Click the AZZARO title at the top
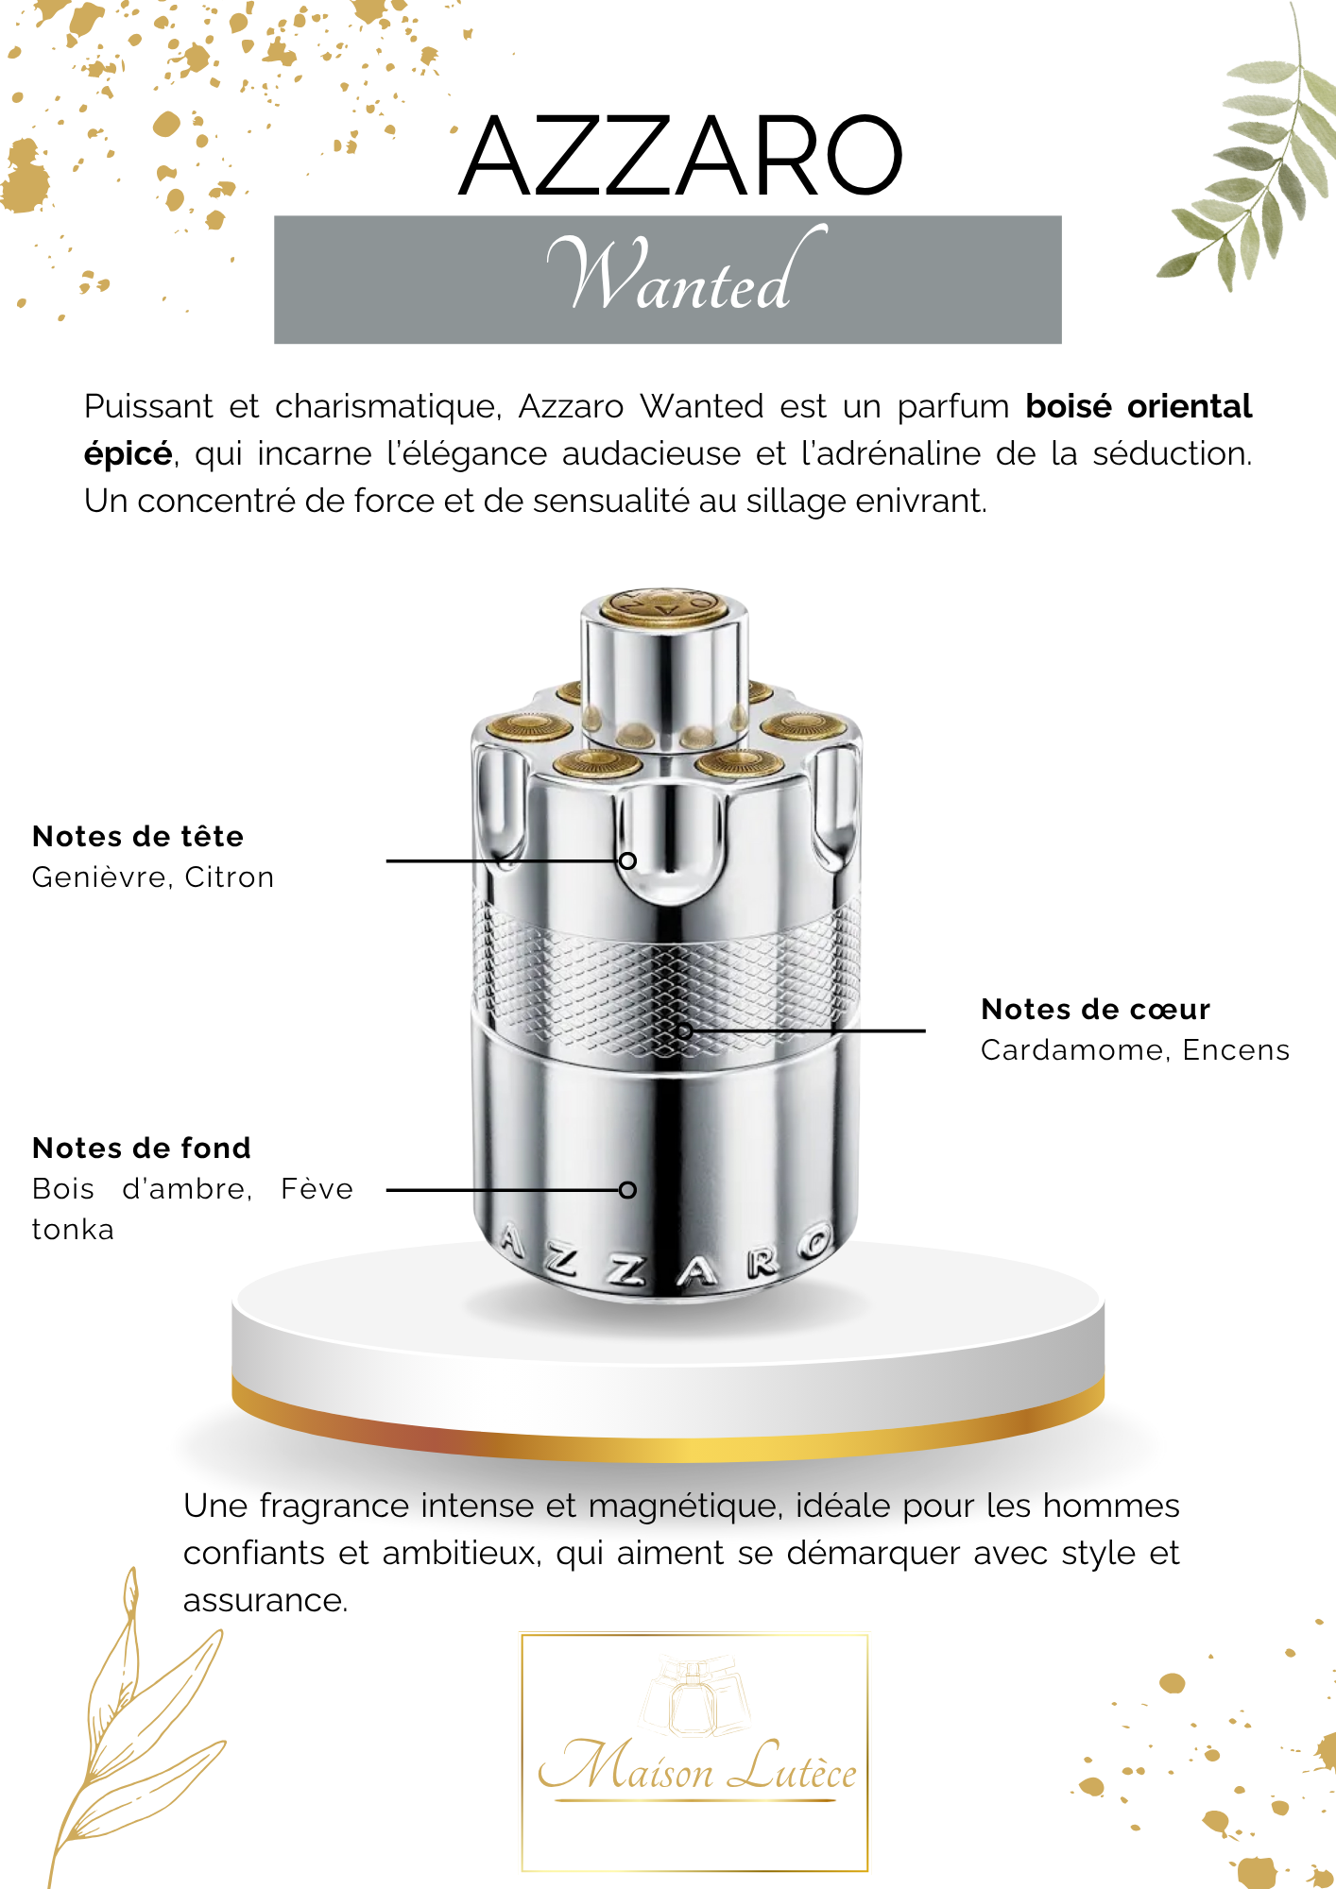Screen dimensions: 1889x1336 [680, 156]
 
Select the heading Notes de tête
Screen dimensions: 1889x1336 [138, 836]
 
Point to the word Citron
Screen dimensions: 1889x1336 [230, 877]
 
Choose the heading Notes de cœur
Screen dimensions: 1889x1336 [1095, 1009]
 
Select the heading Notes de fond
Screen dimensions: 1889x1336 [142, 1148]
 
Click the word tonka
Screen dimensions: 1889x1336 [73, 1230]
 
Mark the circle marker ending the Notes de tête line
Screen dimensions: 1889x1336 [627, 860]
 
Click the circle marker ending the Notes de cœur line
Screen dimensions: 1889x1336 [685, 1030]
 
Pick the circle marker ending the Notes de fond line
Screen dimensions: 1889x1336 [627, 1190]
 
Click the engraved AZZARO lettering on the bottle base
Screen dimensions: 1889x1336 [666, 1261]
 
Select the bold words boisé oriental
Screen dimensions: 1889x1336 [1139, 406]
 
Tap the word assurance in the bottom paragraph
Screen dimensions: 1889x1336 [265, 1601]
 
